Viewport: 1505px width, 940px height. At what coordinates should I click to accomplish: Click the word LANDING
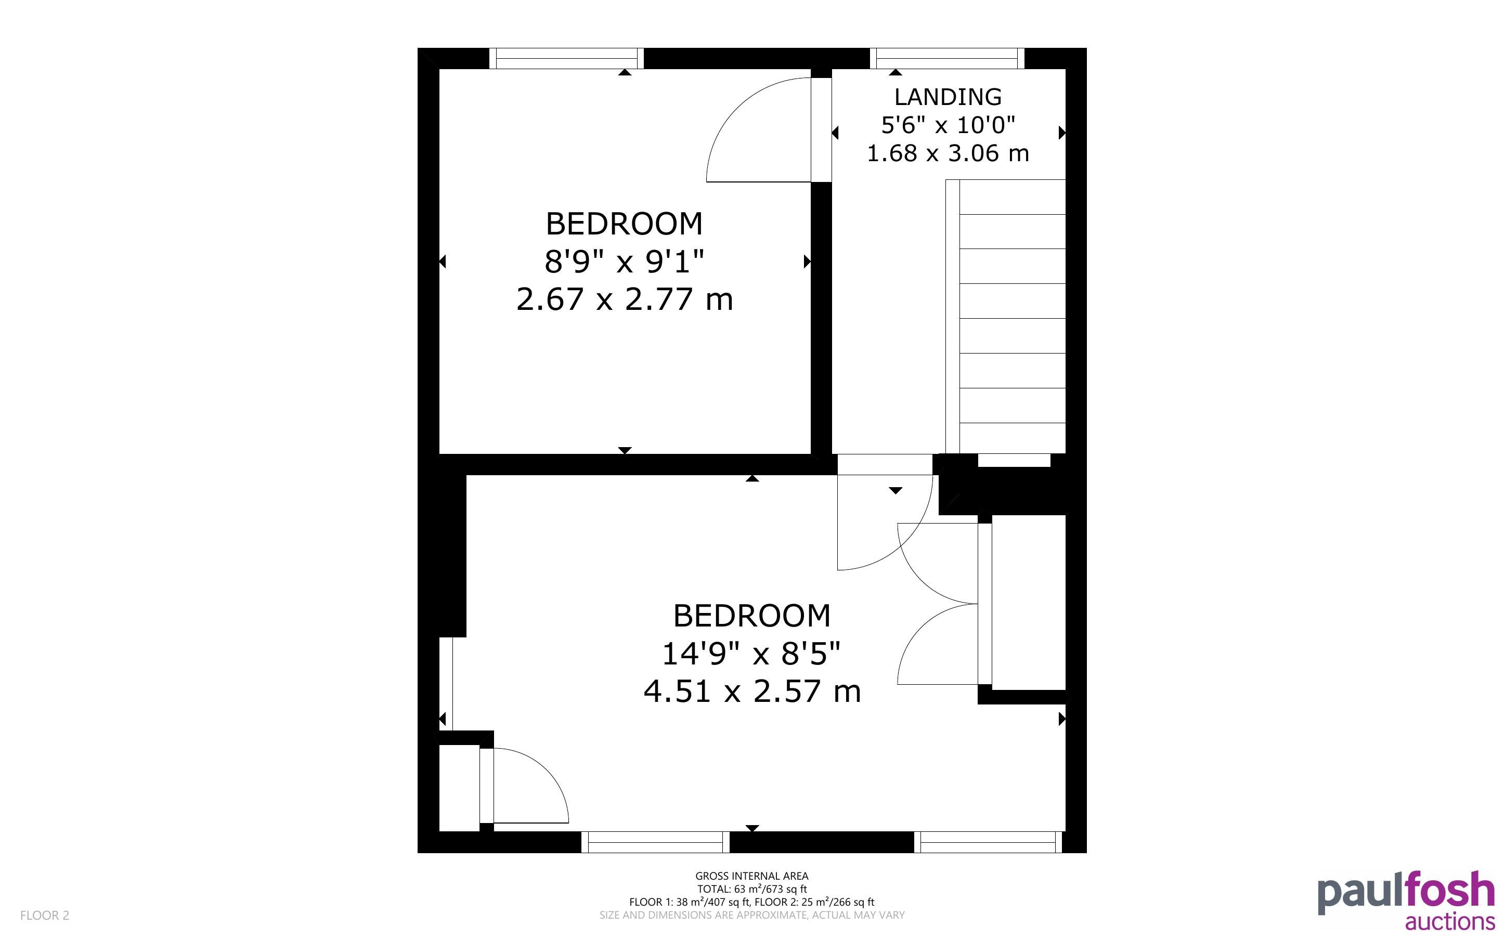[x=948, y=97]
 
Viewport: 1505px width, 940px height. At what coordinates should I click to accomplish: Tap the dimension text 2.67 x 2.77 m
[x=624, y=299]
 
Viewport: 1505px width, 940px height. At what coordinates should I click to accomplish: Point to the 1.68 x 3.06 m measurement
[x=948, y=153]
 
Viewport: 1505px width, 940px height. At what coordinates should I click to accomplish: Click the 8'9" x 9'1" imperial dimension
[x=624, y=261]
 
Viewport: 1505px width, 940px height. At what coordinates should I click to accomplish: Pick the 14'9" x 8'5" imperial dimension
[x=751, y=654]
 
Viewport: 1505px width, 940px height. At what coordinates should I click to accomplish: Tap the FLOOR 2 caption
[x=45, y=915]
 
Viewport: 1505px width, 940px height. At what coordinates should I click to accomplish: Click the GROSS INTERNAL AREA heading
[x=751, y=876]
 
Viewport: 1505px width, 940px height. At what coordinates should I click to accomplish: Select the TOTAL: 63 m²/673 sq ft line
[x=751, y=889]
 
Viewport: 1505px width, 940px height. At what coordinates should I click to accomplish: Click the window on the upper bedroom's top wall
[x=566, y=58]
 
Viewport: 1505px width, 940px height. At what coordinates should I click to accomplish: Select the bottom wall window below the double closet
[x=988, y=842]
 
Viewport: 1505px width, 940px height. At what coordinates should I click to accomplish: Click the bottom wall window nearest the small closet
[x=655, y=842]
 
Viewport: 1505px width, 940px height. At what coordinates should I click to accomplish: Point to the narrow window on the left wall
[x=446, y=684]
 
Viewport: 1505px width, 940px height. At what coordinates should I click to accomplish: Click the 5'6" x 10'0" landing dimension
[x=948, y=125]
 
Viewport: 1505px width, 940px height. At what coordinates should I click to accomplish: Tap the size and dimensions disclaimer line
[x=751, y=915]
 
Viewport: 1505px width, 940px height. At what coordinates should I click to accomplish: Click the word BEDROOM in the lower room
[x=751, y=616]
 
